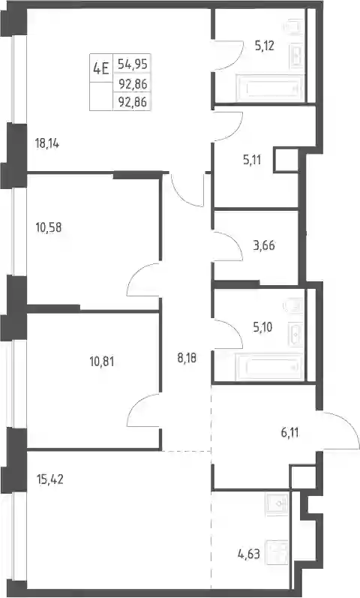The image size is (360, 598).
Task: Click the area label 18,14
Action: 47,144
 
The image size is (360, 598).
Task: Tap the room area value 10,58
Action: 49,227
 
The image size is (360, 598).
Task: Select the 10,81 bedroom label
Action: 102,361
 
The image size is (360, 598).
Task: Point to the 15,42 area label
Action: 49,479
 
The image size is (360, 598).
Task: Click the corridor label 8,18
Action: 187,358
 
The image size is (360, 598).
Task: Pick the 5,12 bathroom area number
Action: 264,47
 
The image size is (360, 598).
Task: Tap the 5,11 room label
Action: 252,159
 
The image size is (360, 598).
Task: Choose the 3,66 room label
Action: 264,245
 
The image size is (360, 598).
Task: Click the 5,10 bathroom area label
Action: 262,327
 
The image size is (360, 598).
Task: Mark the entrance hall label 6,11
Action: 289,433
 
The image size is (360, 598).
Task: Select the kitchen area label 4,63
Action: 249,554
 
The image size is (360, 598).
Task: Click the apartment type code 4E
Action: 101,68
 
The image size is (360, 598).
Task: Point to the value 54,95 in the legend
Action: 132,64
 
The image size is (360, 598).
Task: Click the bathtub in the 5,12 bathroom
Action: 269,89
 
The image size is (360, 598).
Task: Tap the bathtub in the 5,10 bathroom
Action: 269,367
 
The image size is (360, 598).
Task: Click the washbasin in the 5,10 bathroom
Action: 295,335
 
